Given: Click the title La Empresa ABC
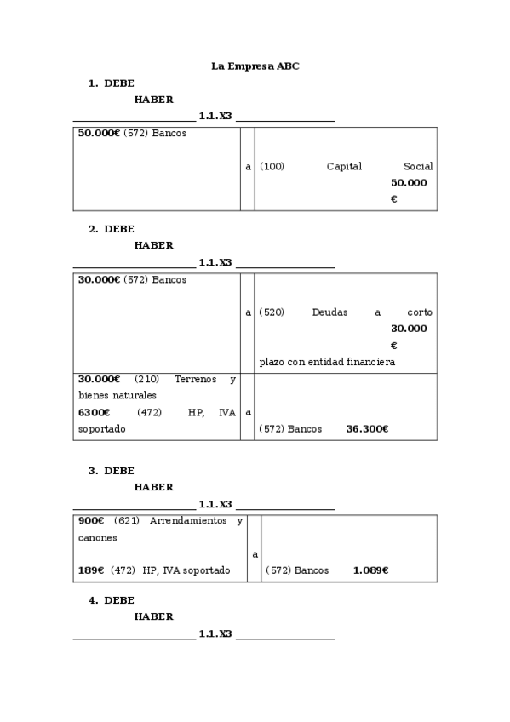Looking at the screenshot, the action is coord(255,65).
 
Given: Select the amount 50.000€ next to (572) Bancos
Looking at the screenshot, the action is coord(99,134).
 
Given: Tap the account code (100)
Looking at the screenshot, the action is coord(272,167).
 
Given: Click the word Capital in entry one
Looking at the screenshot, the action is coord(344,167).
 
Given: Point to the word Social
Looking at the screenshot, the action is coord(418,167).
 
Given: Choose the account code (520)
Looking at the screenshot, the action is coord(272,312).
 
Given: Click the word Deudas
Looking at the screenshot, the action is coord(329,312).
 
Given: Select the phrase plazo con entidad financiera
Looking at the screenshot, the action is coord(327,362).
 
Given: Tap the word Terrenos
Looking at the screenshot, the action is coord(195,379).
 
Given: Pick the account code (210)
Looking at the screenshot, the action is coord(147,379).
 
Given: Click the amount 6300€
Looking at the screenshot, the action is coord(94,412).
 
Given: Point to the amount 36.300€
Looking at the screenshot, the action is coord(367,429).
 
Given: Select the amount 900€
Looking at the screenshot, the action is coord(90,521).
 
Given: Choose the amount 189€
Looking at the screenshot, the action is coord(90,570).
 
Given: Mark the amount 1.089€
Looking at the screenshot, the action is coord(370,570).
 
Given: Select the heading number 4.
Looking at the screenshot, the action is coord(93,600).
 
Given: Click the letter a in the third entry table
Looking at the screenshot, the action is coord(255,554).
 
